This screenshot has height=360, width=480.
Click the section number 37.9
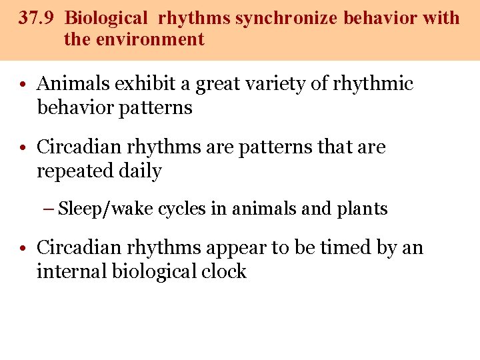coord(36,18)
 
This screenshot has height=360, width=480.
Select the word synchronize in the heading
coord(287,18)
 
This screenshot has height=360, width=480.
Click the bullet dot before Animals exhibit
coord(23,85)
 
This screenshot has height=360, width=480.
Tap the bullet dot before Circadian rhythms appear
coord(23,249)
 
